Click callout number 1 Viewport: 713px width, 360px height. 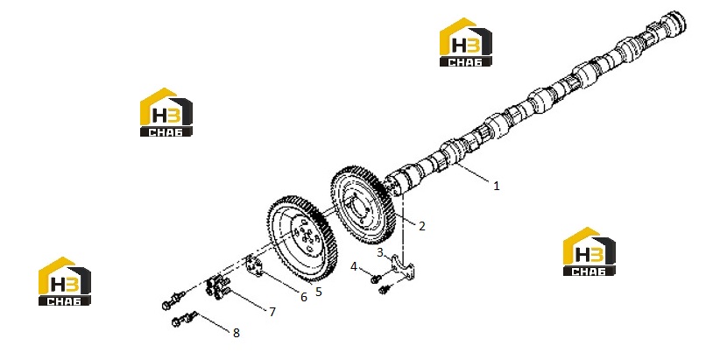497,186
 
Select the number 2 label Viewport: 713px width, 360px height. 422,226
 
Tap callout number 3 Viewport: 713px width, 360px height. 380,252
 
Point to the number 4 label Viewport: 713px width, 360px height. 354,267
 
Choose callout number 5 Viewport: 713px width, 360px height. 318,292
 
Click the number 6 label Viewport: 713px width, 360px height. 304,297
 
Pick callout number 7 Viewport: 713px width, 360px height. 272,312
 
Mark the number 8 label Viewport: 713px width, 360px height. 236,333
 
